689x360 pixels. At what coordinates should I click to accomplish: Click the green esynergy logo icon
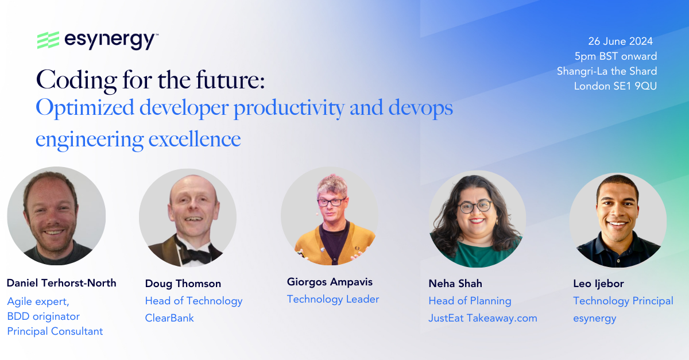point(48,40)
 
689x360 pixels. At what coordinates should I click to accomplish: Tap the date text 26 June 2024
point(621,41)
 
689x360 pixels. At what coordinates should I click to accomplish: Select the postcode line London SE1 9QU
point(615,86)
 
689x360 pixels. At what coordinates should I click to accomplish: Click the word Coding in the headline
point(76,80)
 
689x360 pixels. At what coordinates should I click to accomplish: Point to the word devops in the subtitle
point(420,109)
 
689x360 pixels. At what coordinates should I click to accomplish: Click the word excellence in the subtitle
point(195,140)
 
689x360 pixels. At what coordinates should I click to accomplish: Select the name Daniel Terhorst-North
point(61,283)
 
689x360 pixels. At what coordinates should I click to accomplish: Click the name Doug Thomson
point(183,284)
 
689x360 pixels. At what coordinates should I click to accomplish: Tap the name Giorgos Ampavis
point(330,282)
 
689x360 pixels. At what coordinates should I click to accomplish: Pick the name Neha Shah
point(455,284)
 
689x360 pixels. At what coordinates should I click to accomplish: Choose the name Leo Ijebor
point(598,284)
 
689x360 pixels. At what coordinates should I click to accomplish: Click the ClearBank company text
point(169,318)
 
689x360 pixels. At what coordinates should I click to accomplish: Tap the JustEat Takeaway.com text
point(483,318)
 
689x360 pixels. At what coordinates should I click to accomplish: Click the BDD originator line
point(44,316)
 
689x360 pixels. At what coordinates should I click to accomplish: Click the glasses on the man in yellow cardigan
point(332,202)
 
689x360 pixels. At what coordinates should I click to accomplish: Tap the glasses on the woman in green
point(475,207)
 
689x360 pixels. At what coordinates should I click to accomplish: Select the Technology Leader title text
point(333,299)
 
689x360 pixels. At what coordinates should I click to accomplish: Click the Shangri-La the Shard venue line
point(607,71)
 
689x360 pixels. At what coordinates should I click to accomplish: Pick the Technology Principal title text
point(623,301)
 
